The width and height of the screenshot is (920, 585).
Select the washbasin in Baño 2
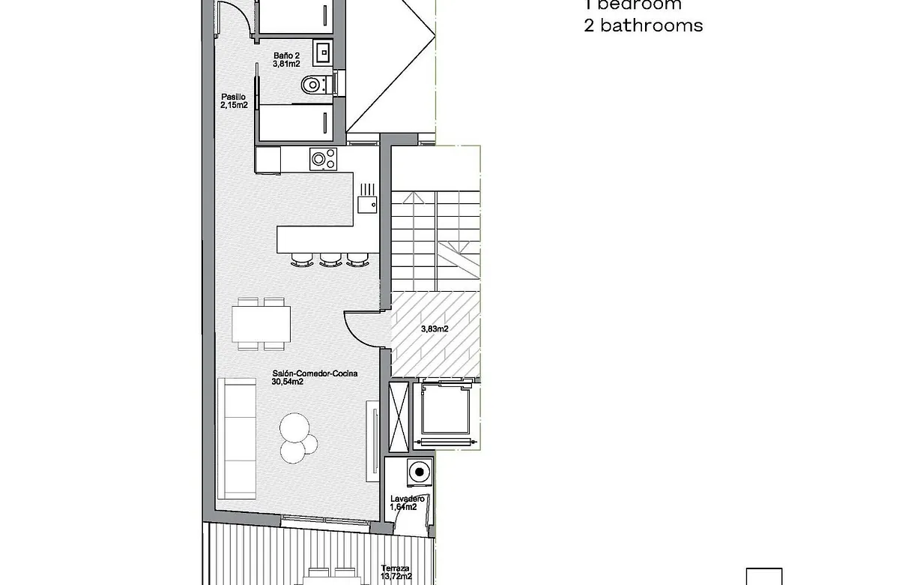click(323, 51)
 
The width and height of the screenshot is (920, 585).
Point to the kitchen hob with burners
click(323, 159)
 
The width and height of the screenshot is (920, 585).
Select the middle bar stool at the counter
click(330, 259)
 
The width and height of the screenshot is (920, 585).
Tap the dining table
click(261, 324)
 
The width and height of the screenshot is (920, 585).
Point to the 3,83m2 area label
click(434, 328)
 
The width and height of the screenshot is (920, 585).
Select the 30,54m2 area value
click(287, 382)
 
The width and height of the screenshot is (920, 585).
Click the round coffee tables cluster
click(295, 437)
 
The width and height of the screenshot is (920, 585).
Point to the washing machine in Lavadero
click(419, 472)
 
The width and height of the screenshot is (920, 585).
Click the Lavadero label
click(408, 499)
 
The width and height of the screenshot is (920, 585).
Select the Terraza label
click(396, 568)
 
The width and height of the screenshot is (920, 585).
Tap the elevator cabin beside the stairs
click(446, 412)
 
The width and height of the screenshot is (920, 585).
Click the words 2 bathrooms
click(643, 25)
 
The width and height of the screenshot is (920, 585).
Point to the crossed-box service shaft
click(399, 412)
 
